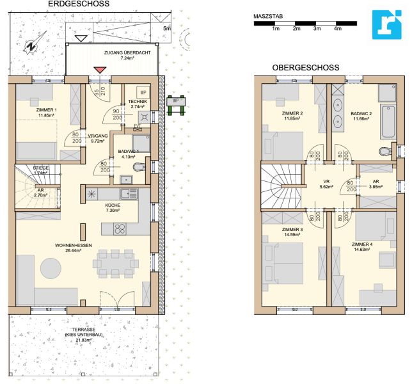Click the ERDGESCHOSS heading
pos(78,4)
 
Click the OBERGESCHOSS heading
pos(305,67)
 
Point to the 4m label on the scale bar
pos(337,29)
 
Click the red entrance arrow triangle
pos(99,70)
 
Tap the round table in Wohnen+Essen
pos(51,267)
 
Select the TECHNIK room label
pos(137,102)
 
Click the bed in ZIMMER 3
pos(285,262)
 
